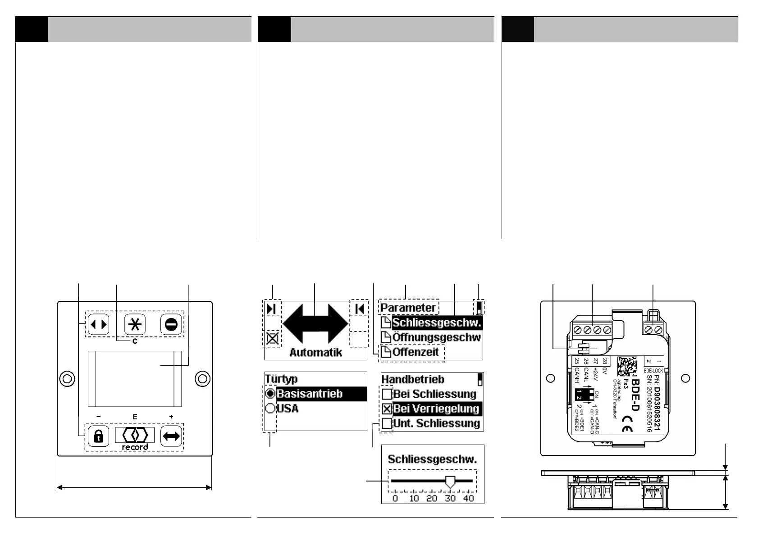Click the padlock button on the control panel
pyautogui.click(x=98, y=436)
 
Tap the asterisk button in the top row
pyautogui.click(x=135, y=324)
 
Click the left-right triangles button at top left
pyautogui.click(x=98, y=324)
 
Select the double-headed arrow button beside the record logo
pyautogui.click(x=171, y=436)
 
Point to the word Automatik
pyautogui.click(x=315, y=353)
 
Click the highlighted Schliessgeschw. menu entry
pyautogui.click(x=436, y=323)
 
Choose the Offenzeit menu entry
pyautogui.click(x=415, y=352)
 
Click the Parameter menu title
pyautogui.click(x=408, y=308)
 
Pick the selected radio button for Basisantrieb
pyautogui.click(x=270, y=394)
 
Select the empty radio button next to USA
pyautogui.click(x=270, y=409)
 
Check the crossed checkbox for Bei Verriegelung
pyautogui.click(x=387, y=409)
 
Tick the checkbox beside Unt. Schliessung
pyautogui.click(x=387, y=423)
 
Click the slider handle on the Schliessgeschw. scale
pyautogui.click(x=450, y=481)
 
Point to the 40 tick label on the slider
pyautogui.click(x=469, y=498)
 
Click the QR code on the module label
pyautogui.click(x=626, y=366)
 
